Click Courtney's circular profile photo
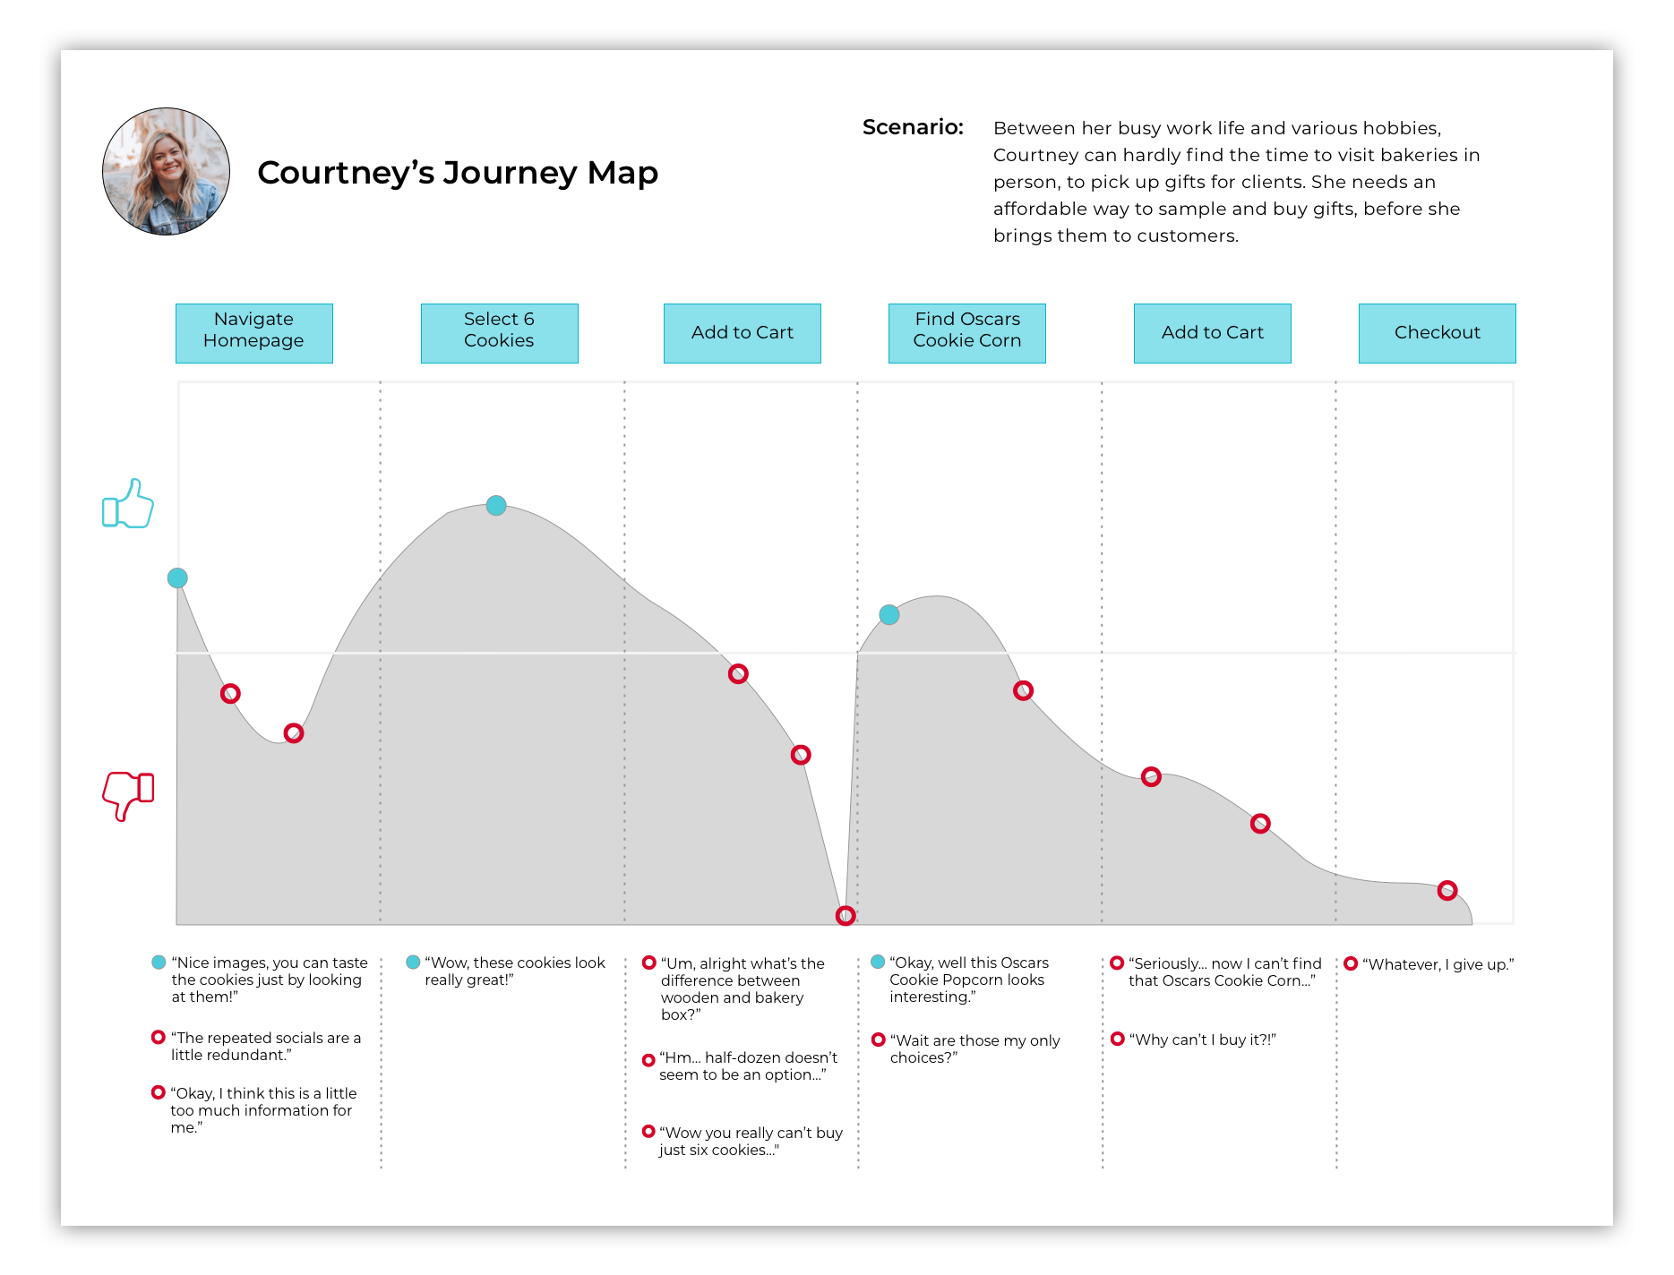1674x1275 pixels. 167,172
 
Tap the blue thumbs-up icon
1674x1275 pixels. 128,504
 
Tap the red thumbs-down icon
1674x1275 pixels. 128,794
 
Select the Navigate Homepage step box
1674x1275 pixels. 253,333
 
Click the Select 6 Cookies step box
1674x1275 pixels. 499,333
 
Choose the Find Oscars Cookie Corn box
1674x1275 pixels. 966,333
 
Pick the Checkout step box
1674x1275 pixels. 1437,333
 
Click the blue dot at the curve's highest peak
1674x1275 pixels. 496,506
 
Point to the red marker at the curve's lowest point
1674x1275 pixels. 846,915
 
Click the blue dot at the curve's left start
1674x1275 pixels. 178,578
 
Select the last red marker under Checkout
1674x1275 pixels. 1447,890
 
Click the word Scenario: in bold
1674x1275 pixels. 913,127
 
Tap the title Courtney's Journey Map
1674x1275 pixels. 458,172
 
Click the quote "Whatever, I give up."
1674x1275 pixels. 1438,964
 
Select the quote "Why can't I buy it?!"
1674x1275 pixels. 1202,1040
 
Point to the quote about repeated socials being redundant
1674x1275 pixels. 266,1046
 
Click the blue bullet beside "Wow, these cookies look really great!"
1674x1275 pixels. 413,963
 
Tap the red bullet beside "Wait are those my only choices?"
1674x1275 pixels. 879,1040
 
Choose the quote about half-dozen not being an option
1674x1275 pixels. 748,1065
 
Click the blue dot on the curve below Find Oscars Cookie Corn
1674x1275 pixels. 889,615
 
